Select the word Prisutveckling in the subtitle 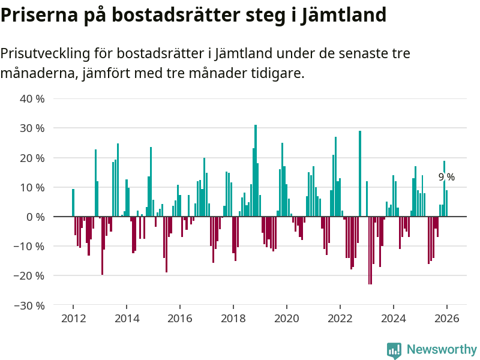click(45, 53)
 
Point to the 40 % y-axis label click(33, 98)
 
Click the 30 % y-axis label click(33, 128)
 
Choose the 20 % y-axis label click(33, 157)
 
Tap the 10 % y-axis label click(33, 187)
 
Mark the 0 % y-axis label click(36, 217)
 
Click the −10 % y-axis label click(30, 246)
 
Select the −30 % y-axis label click(30, 305)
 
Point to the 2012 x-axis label click(73, 318)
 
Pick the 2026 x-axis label click(447, 318)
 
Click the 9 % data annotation click(446, 177)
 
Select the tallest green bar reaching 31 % click(256, 171)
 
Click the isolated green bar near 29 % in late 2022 click(360, 174)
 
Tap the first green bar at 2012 click(73, 203)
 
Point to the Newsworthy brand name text click(442, 349)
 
